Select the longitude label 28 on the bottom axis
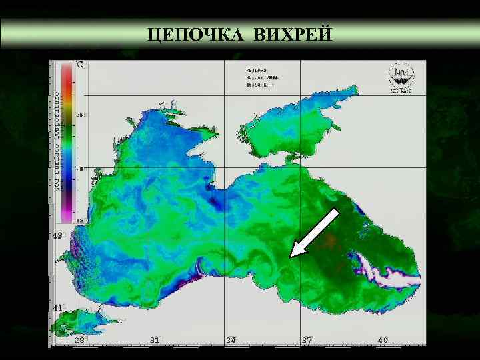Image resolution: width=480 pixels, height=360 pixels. (x=79, y=341)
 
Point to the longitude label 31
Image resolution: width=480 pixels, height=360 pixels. (x=155, y=341)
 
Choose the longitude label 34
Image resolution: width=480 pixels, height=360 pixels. (x=231, y=341)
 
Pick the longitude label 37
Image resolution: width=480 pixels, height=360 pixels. (x=307, y=341)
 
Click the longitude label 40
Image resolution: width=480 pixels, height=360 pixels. (x=383, y=341)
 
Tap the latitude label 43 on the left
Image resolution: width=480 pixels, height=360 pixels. (x=57, y=236)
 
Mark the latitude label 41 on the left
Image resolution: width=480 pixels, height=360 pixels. (x=57, y=307)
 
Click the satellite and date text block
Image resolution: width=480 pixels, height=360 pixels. (x=262, y=77)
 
